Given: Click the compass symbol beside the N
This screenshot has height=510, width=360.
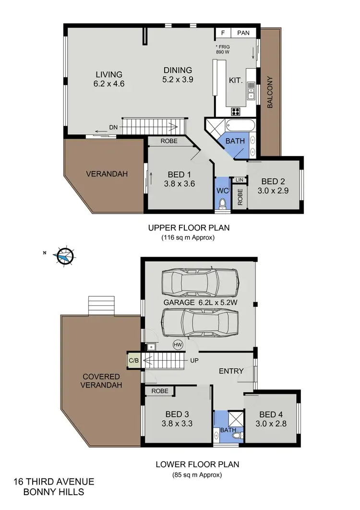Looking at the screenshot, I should tap(64, 256).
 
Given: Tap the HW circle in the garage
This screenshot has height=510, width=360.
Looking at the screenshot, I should tap(178, 345).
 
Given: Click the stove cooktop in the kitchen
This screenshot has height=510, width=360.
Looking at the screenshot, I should tap(236, 111).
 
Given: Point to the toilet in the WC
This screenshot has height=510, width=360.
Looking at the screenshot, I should tap(222, 204).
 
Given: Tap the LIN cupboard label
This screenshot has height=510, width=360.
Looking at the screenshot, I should tap(239, 180).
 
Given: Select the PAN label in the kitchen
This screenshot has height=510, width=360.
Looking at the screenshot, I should tap(243, 33).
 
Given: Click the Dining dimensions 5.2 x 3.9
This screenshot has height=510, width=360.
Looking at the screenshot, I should tap(177, 80).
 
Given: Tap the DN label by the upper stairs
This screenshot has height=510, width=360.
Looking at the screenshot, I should tap(113, 128).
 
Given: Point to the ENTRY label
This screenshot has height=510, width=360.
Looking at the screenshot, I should tap(231, 371).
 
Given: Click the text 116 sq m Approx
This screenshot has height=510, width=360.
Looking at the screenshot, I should tap(188, 237).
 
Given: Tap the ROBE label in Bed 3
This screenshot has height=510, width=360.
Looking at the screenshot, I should tap(159, 391).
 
